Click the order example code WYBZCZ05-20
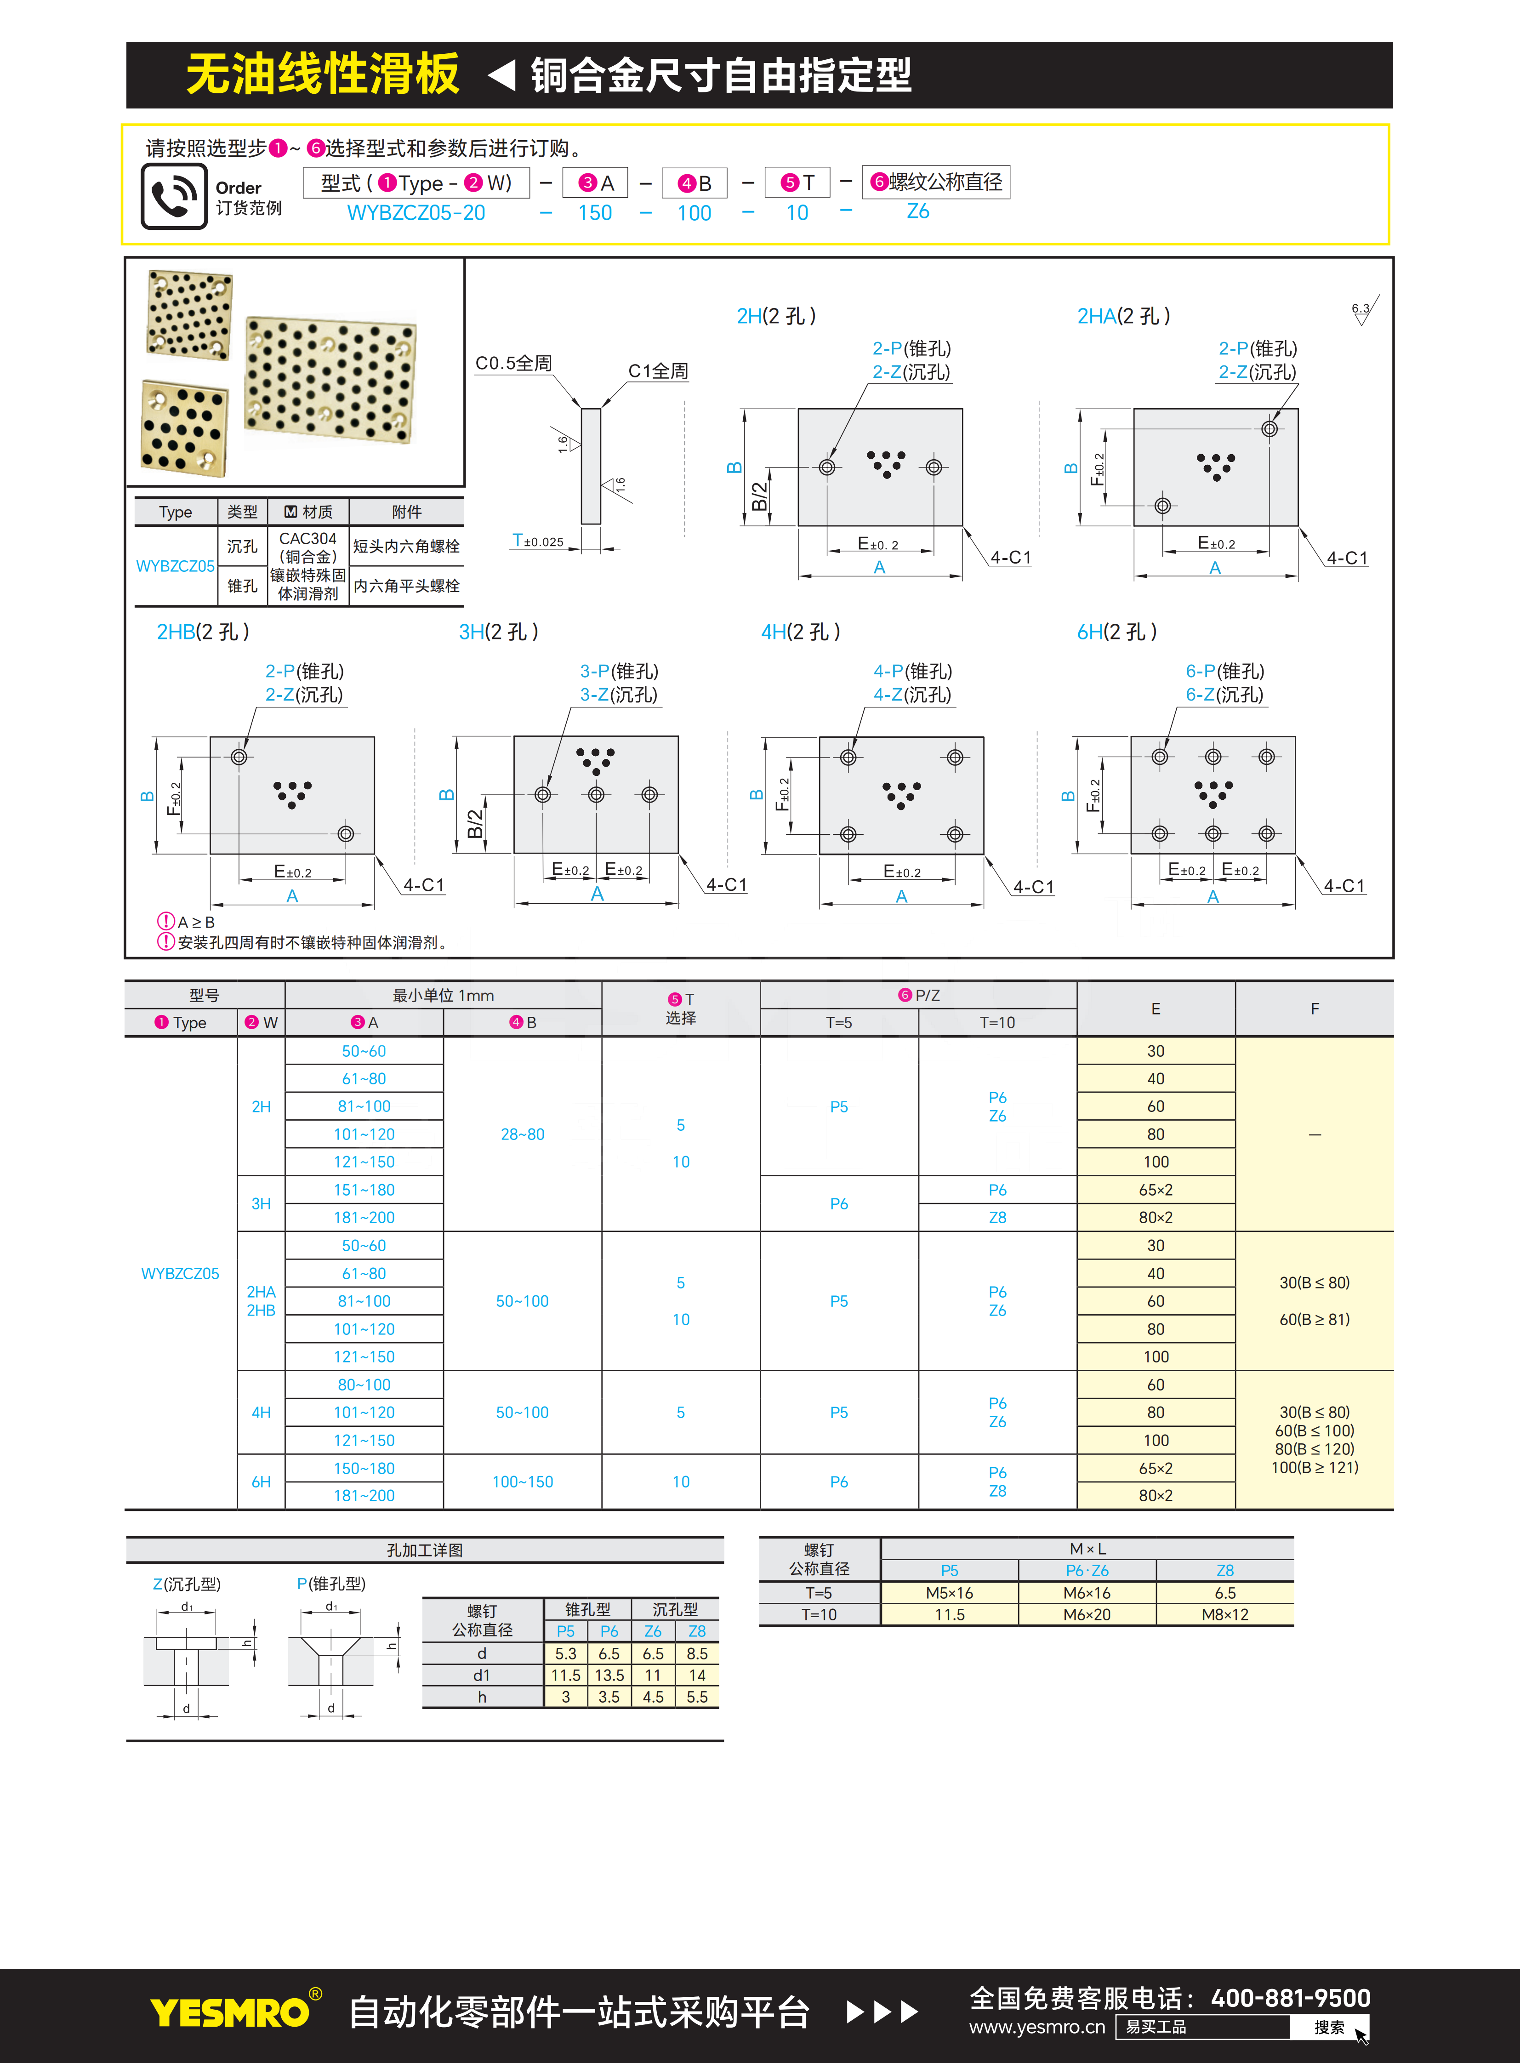pos(416,212)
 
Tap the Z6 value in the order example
pos(917,211)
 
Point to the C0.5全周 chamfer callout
pos(513,364)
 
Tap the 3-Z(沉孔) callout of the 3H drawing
pos(618,695)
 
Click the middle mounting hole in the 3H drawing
pos(596,794)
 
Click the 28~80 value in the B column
pos(523,1134)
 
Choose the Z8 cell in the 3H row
pos(997,1217)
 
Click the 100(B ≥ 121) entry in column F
pos(1314,1468)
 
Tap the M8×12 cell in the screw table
pos(1224,1615)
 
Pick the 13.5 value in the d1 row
pos(609,1675)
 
